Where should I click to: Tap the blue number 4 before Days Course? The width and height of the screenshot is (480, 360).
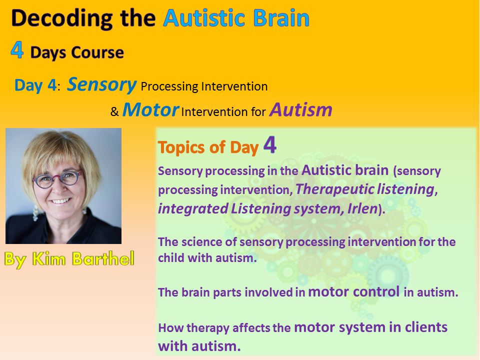coord(17,50)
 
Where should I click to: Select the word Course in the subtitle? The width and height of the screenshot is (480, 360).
coord(97,52)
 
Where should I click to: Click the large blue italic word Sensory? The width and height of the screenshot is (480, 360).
coord(101,84)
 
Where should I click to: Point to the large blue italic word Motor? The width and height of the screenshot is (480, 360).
coord(150,109)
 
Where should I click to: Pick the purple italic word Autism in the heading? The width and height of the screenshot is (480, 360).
coord(301,109)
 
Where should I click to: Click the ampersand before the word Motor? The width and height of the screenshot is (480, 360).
coord(114,111)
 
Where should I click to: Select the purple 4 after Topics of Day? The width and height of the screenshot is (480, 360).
coord(270,144)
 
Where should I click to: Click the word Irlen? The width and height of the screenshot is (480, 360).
coord(362,209)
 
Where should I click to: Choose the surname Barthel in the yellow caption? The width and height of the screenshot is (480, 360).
coord(103,258)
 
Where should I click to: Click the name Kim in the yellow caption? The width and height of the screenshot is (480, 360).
coord(49,258)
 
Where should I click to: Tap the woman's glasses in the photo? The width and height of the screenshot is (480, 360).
coord(57,179)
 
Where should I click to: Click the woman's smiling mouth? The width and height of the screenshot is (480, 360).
coord(60,201)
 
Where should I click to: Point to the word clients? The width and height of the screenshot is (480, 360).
coord(426,327)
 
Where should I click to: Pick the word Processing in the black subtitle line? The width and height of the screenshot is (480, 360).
coord(169,86)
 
